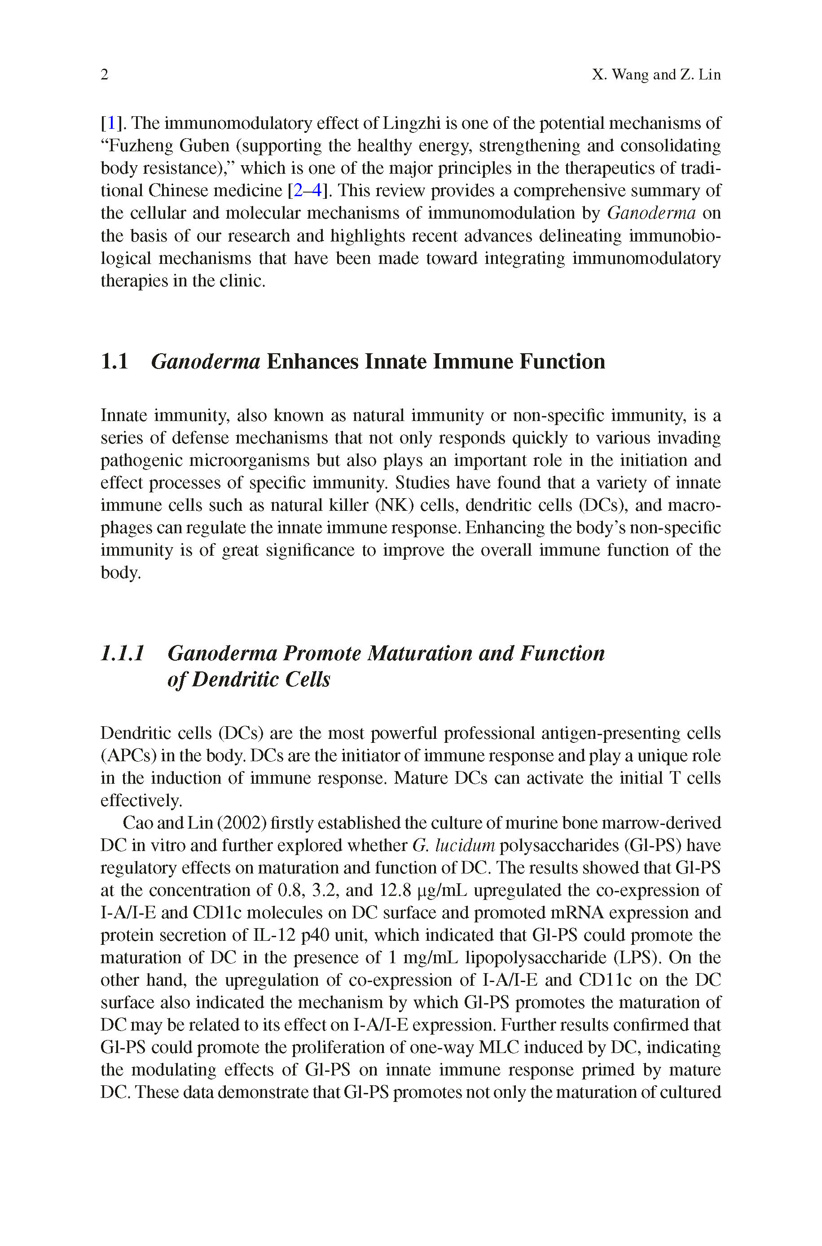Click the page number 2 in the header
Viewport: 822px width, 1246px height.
pos(104,75)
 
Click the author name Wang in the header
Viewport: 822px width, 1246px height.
pos(629,75)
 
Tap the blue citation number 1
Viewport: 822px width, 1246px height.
pos(111,123)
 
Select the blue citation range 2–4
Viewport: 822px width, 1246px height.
pos(307,190)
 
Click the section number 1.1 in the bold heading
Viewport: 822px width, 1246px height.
pos(114,361)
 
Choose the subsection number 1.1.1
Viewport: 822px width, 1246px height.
pos(122,654)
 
